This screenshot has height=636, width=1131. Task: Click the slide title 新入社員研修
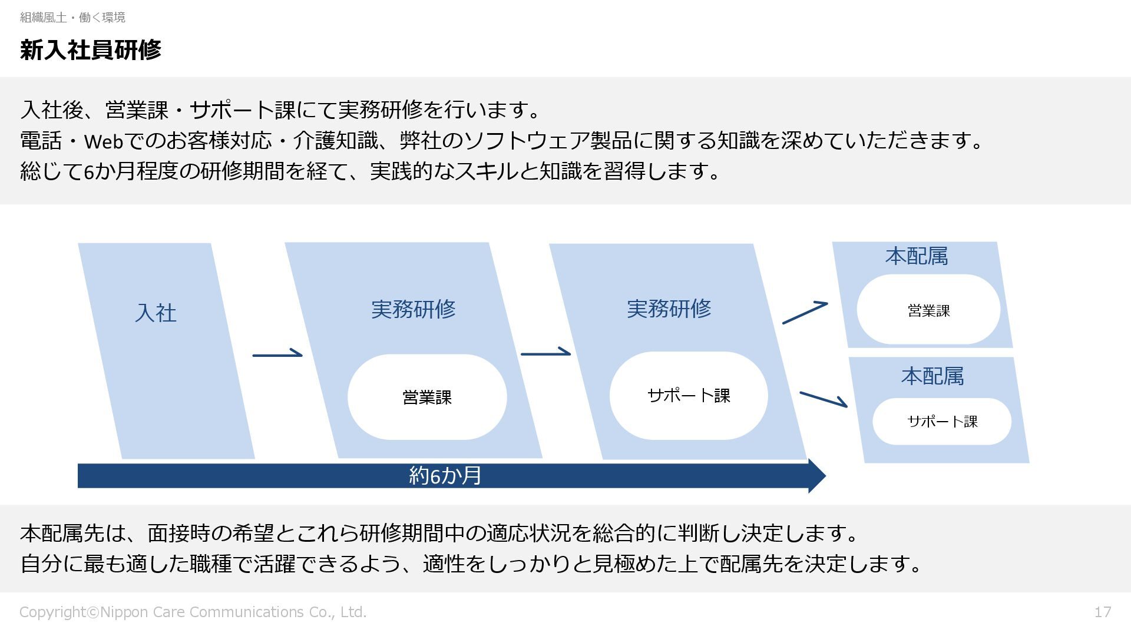[90, 50]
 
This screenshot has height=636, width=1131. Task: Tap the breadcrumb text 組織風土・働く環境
[72, 18]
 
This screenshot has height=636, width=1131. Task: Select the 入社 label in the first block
[156, 313]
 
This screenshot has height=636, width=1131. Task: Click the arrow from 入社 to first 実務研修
[277, 355]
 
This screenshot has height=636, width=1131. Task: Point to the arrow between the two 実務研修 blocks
[545, 353]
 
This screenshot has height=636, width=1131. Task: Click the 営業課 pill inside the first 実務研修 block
[427, 397]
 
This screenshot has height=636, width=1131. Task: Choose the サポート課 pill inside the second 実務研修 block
[689, 396]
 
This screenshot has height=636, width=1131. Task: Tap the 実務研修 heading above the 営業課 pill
[413, 309]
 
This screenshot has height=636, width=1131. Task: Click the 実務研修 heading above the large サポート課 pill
[669, 309]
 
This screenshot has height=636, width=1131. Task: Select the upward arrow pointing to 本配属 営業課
[805, 313]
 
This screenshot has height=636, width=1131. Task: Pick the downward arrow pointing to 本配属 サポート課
[823, 399]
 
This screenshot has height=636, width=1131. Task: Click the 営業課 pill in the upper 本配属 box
[928, 310]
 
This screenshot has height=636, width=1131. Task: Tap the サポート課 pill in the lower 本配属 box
[942, 422]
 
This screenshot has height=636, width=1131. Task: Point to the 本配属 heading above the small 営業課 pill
[916, 257]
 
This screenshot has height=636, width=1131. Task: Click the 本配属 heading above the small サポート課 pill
[932, 376]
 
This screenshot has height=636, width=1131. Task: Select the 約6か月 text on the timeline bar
[445, 476]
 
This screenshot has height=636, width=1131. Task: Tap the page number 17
[1102, 612]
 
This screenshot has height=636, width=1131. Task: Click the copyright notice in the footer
[193, 612]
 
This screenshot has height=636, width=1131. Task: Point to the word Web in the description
[104, 141]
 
